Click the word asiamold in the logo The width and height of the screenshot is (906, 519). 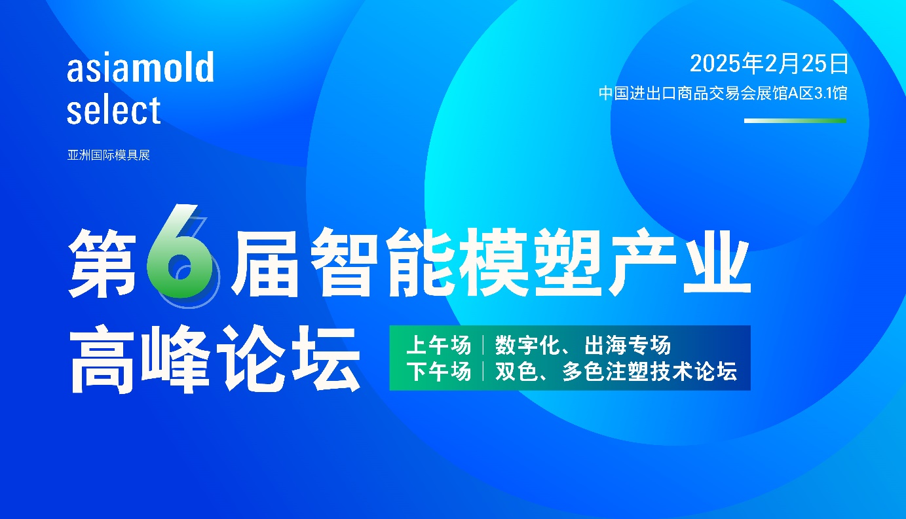coord(140,67)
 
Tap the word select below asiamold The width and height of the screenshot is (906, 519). coord(113,109)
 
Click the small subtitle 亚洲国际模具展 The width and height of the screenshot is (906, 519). coord(108,155)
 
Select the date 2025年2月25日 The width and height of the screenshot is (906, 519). coord(768,64)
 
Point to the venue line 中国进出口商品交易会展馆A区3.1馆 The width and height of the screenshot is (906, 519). coord(723,93)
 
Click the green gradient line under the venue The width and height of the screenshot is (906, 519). coord(795,120)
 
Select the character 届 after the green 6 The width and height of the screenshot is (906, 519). coord(265,262)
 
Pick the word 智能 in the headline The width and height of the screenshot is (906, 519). coord(382,262)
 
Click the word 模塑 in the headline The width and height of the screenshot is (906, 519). coord(530,262)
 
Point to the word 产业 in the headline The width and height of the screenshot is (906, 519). coord(677,262)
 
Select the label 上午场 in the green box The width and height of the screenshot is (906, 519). coord(439,345)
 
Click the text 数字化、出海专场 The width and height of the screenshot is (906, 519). coord(583,345)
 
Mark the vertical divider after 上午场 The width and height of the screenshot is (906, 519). coord(483,345)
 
